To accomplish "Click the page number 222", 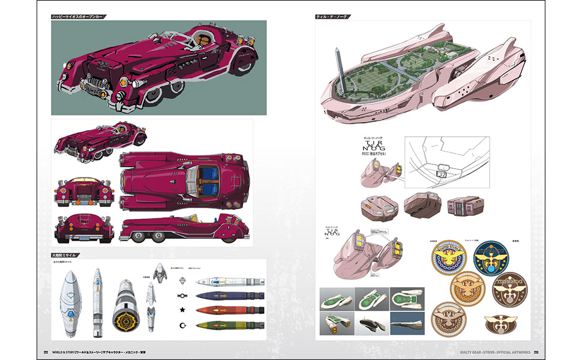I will pos(46,352).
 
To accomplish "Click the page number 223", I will pos(538,352).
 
